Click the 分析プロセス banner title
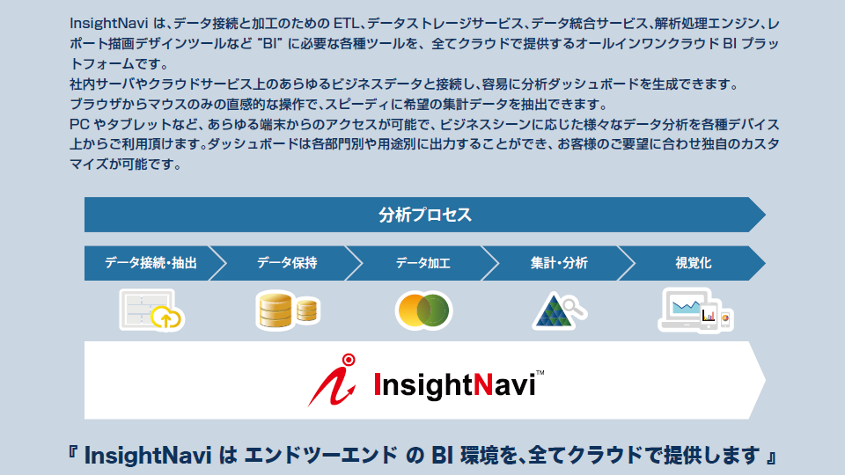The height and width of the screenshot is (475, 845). click(x=424, y=215)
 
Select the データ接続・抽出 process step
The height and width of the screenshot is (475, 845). click(x=151, y=263)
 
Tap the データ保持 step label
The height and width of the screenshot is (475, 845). click(x=287, y=263)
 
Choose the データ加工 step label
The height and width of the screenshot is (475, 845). click(x=422, y=263)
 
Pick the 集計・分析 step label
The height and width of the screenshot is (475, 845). click(x=559, y=263)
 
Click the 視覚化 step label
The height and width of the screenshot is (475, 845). click(x=693, y=263)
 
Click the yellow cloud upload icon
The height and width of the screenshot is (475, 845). click(x=166, y=318)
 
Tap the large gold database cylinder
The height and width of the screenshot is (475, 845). click(x=276, y=310)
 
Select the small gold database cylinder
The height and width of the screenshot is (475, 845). click(x=306, y=311)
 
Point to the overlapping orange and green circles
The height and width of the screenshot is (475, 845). click(x=423, y=311)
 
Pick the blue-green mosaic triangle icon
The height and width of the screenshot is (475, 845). click(x=552, y=311)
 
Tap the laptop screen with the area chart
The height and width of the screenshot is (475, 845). click(x=686, y=307)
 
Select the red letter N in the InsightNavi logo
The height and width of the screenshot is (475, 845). click(x=483, y=384)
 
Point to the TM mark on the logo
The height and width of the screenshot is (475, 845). click(x=540, y=373)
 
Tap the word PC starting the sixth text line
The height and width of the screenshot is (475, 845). click(x=80, y=124)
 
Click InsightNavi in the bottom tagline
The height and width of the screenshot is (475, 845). click(x=148, y=456)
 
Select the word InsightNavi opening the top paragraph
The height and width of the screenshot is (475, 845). click(x=109, y=24)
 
